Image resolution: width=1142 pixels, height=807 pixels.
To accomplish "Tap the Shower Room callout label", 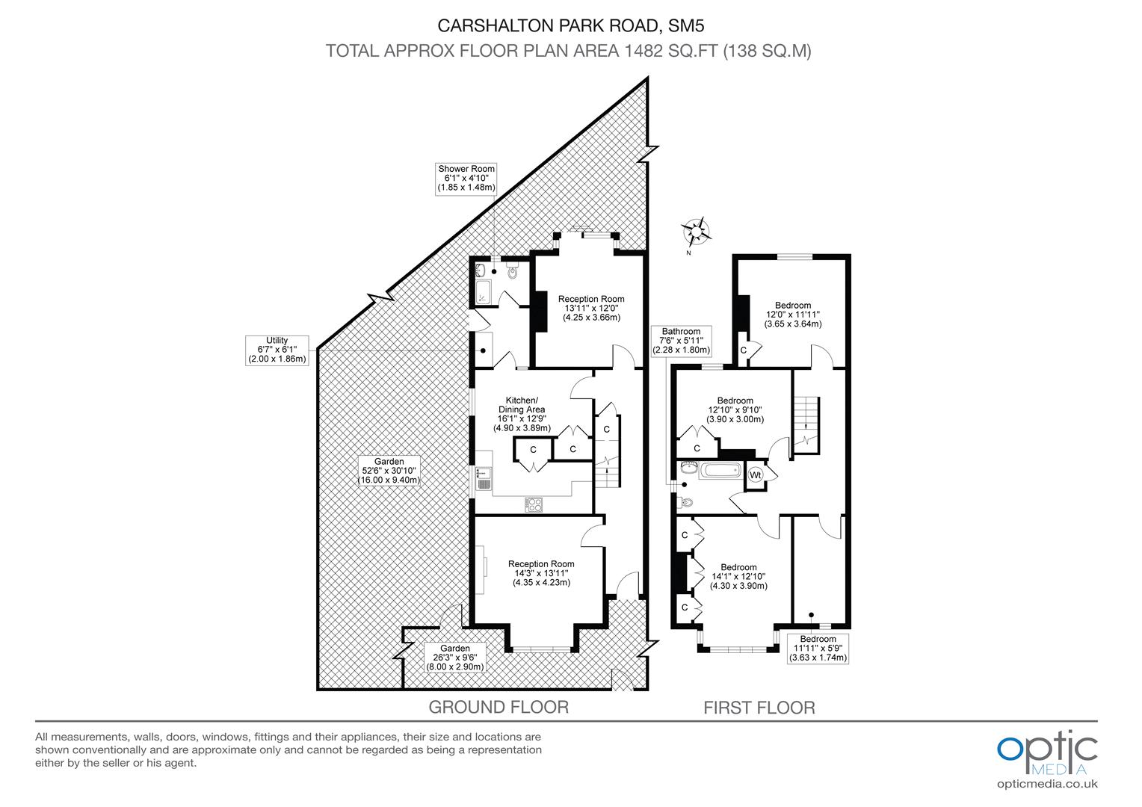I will [466, 179].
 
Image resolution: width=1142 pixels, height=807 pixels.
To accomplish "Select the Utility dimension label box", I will [277, 350].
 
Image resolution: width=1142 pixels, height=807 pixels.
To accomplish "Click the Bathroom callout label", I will [681, 341].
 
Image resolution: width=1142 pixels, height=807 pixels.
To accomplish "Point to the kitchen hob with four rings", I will [534, 505].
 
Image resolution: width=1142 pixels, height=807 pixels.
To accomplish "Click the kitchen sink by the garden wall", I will [484, 478].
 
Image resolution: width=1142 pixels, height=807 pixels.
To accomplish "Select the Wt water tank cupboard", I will [755, 475].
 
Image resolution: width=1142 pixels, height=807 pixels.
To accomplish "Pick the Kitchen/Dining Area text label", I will [522, 414].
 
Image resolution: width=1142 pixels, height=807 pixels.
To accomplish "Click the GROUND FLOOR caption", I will [499, 707].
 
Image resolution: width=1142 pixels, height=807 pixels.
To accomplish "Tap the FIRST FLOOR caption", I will [759, 708].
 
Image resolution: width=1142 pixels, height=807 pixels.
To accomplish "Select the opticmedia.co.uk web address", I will [1047, 784].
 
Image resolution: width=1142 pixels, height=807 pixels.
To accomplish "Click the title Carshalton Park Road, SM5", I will [571, 25].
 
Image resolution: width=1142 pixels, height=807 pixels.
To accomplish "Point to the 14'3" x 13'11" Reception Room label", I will [541, 573].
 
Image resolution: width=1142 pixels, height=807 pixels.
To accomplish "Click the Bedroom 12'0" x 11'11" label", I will [792, 315].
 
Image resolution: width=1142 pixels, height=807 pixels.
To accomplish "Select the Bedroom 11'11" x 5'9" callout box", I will [818, 649].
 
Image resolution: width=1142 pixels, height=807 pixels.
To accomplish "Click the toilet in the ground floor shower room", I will [512, 270].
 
